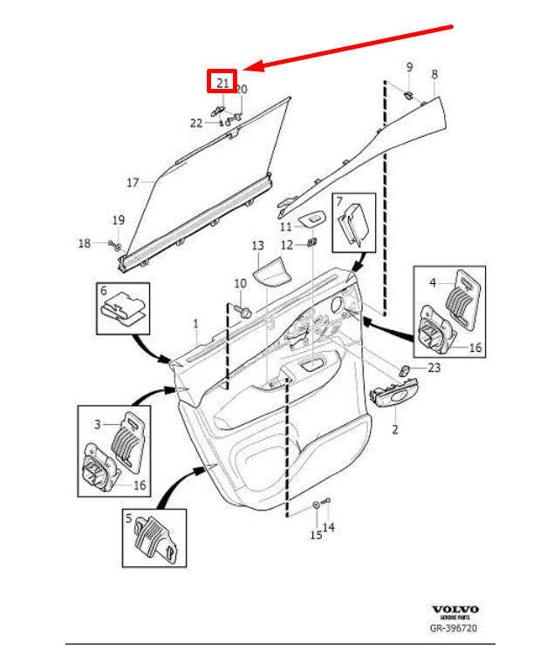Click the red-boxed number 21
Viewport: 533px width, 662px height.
click(222, 82)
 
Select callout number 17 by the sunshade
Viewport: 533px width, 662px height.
click(133, 183)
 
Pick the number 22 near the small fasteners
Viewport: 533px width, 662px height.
click(196, 123)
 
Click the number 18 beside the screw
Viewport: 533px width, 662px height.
click(84, 243)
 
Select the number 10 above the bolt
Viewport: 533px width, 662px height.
click(240, 284)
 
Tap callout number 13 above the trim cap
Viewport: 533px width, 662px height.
click(257, 247)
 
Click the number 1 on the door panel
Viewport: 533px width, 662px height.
click(196, 323)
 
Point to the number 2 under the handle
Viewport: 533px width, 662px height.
click(393, 430)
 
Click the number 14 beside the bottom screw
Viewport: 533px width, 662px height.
click(329, 528)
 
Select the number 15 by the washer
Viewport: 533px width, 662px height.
click(315, 537)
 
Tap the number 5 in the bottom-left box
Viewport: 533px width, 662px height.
click(128, 520)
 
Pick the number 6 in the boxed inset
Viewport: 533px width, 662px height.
click(103, 291)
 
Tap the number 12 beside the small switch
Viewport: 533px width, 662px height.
click(286, 246)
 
